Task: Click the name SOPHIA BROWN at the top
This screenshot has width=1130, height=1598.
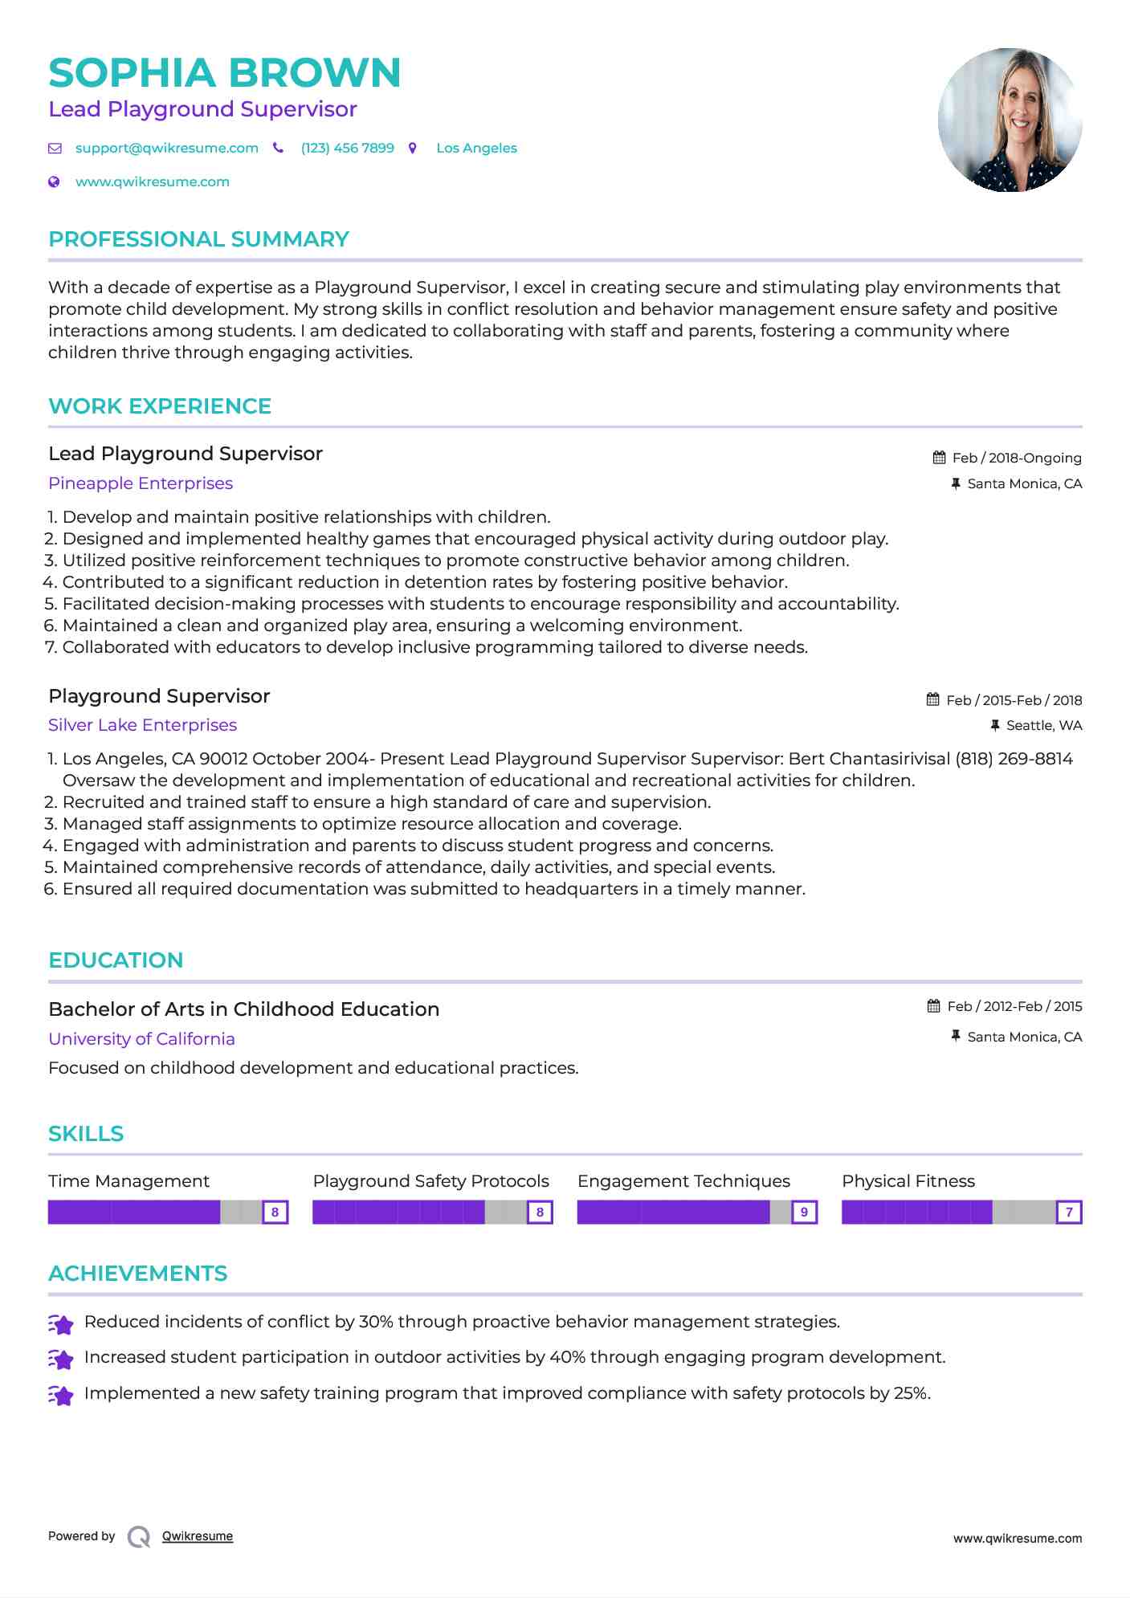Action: [224, 73]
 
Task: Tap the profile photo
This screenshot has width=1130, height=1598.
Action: [1010, 120]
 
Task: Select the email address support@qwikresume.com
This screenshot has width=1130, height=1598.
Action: [166, 149]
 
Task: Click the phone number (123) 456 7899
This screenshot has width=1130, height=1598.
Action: [347, 149]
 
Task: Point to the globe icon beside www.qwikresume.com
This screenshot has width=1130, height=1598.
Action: [55, 182]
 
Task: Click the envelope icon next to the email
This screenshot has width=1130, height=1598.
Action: [55, 149]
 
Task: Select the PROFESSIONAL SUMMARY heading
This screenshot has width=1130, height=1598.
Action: [198, 239]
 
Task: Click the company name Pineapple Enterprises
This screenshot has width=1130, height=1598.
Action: [141, 483]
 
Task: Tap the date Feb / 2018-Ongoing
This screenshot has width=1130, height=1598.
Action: [1016, 459]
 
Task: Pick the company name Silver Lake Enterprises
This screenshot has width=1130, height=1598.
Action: [142, 725]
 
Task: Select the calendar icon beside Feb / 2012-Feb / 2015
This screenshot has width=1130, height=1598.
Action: [933, 1006]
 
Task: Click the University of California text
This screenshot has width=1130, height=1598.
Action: [141, 1039]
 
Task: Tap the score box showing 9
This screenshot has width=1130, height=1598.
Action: [804, 1212]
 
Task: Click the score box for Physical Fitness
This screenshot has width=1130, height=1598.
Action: [1069, 1212]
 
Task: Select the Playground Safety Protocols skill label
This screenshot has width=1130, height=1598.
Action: [430, 1181]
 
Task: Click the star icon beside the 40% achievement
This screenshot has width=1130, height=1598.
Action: [61, 1359]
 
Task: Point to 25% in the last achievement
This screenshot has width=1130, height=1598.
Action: [911, 1393]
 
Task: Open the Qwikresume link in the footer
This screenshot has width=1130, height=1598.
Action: [198, 1536]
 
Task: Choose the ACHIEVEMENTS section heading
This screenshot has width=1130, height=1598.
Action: [137, 1274]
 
